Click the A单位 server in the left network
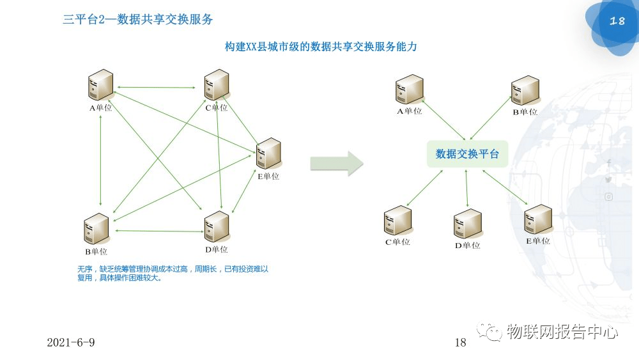pos(100,85)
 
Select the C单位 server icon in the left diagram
pos(217,85)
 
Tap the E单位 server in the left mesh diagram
pos(268,153)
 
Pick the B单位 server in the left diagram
pos(96,228)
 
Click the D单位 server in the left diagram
pos(217,226)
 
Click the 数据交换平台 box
pos(467,154)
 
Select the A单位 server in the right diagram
pos(409,90)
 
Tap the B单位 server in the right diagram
pos(525,91)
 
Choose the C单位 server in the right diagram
pos(397,221)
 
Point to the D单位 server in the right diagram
pos(467,224)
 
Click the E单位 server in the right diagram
pos(537,219)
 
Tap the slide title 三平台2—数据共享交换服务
pos(138,20)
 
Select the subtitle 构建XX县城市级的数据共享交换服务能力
pos(321,47)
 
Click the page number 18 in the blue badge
pos(617,21)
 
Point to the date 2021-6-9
pos(71,342)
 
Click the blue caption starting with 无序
pos(173,273)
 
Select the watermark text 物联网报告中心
pos(562,332)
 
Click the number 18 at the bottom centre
pos(460,343)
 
